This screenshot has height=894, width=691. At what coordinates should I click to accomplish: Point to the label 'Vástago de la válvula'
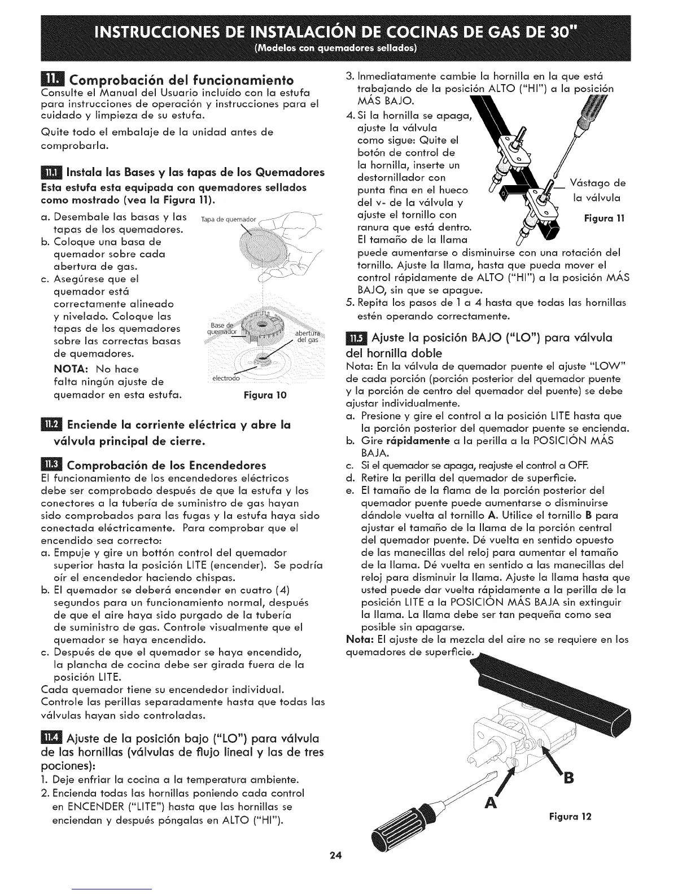click(x=597, y=190)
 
